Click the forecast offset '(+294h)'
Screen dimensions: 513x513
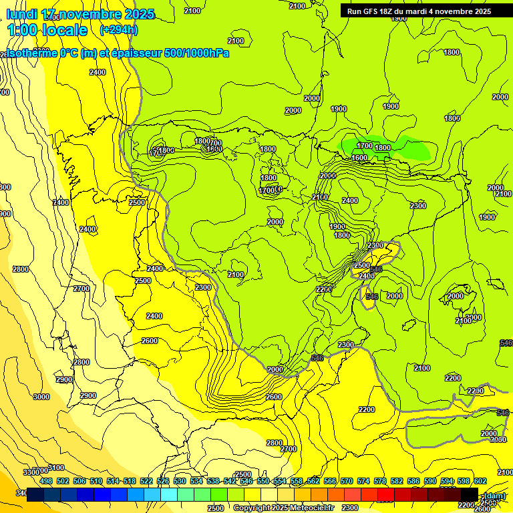click(x=119, y=30)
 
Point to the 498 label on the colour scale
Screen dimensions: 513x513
click(x=46, y=481)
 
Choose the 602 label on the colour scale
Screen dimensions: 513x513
click(x=480, y=481)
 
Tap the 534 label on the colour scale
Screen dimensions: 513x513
click(x=196, y=481)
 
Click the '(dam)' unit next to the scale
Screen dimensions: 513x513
click(x=494, y=496)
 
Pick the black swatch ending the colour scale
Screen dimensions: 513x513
click(x=469, y=494)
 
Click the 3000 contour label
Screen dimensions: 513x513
click(x=41, y=397)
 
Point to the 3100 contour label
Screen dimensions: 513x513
click(x=56, y=468)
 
